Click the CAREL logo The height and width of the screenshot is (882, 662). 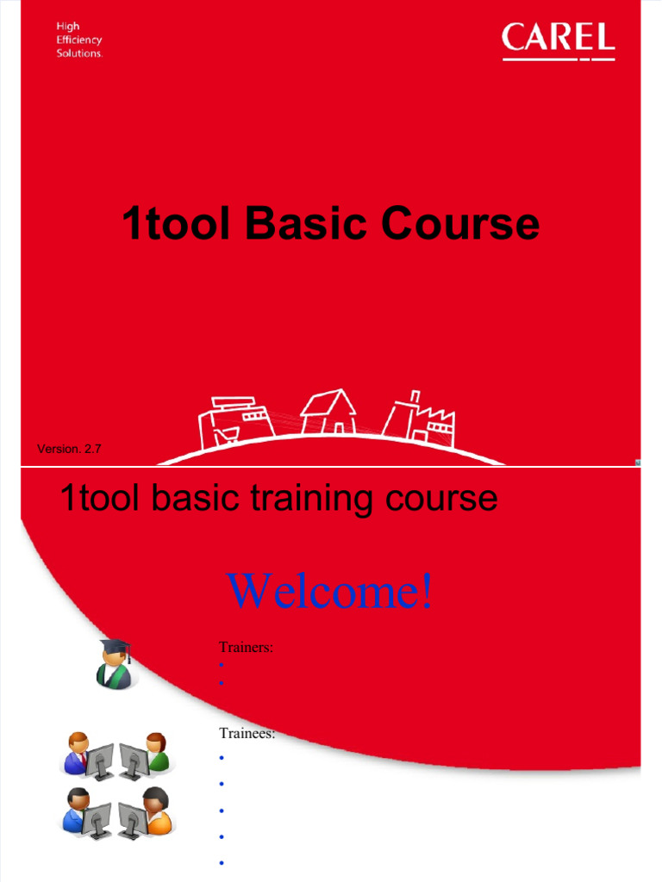pyautogui.click(x=558, y=40)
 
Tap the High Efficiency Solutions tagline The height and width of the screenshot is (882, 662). pyautogui.click(x=79, y=40)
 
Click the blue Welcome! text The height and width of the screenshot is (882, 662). pyautogui.click(x=330, y=591)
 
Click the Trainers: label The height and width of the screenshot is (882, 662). pyautogui.click(x=247, y=647)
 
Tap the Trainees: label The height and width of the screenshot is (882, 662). pyautogui.click(x=247, y=733)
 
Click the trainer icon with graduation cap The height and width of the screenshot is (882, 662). pyautogui.click(x=113, y=664)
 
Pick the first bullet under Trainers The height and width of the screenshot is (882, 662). pyautogui.click(x=222, y=666)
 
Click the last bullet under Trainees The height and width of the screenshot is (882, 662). pyautogui.click(x=222, y=862)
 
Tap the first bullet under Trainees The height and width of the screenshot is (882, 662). pyautogui.click(x=222, y=758)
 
